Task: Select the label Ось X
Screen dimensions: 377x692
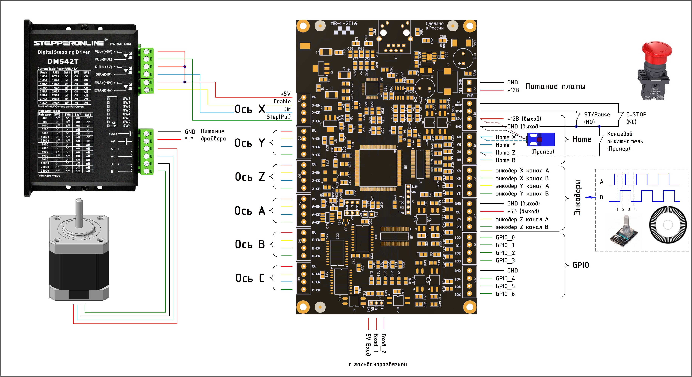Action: click(x=250, y=109)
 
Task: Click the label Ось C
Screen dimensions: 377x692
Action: click(x=250, y=278)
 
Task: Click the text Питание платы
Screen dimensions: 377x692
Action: click(x=555, y=87)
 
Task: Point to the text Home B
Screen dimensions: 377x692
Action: click(x=505, y=160)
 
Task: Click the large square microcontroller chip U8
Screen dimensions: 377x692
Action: click(x=378, y=168)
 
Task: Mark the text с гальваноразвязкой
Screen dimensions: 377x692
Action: click(x=377, y=364)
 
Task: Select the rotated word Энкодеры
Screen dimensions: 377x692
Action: click(x=577, y=197)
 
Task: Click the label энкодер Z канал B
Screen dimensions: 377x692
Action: click(x=522, y=227)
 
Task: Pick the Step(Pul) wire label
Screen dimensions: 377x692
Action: click(x=278, y=117)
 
